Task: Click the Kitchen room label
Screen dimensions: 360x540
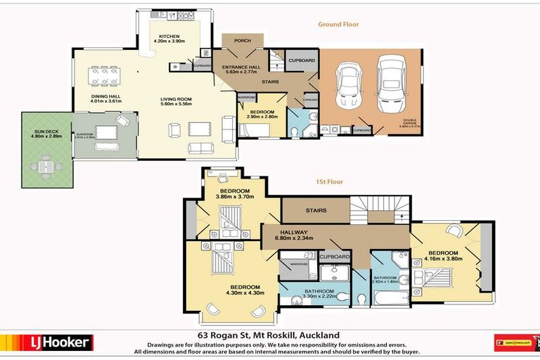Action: (x=169, y=36)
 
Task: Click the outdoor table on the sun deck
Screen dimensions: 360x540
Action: (x=45, y=167)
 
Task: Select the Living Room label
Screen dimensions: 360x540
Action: (x=176, y=99)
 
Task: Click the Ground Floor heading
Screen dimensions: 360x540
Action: (x=338, y=24)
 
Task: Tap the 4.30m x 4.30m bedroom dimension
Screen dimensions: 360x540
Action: (x=245, y=292)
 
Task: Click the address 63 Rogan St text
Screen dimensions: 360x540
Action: (x=269, y=335)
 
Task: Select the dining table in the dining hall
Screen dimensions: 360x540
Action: (x=103, y=74)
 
